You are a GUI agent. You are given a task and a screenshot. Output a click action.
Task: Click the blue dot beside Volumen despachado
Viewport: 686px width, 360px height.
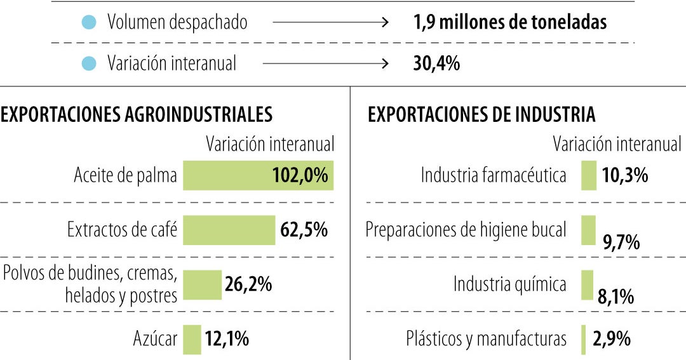coord(89,23)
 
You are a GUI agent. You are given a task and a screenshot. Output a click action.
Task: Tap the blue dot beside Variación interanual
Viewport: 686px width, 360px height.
coord(89,63)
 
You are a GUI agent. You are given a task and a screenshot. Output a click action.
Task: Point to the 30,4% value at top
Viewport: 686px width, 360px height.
coord(433,63)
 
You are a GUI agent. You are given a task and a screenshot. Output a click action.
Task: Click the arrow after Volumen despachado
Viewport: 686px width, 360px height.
coord(330,23)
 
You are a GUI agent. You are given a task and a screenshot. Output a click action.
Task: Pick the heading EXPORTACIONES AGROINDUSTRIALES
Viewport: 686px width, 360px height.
coord(137,114)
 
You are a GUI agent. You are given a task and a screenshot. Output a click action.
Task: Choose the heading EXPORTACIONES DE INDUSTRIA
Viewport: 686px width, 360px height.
coord(481,114)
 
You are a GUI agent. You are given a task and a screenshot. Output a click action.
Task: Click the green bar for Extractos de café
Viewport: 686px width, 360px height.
coord(229,230)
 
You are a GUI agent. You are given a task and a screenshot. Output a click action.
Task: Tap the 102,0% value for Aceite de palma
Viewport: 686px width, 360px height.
coord(300,175)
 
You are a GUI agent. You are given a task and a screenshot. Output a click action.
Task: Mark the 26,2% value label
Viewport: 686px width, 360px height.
coord(248,284)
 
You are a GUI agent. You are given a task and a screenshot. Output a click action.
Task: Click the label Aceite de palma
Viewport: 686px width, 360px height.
coord(125,175)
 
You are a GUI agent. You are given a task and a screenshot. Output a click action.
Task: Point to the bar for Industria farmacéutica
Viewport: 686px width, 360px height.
coord(589,175)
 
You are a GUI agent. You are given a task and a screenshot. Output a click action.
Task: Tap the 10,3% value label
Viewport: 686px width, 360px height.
coord(625,175)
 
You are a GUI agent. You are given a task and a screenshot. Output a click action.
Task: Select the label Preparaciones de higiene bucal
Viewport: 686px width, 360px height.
coord(466,230)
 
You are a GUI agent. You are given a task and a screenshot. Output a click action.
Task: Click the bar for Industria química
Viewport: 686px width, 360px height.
coord(587,285)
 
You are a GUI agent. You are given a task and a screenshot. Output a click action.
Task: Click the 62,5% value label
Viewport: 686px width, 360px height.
coord(304,230)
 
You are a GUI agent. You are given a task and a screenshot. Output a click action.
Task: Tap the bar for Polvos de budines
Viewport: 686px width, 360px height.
coord(201,285)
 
